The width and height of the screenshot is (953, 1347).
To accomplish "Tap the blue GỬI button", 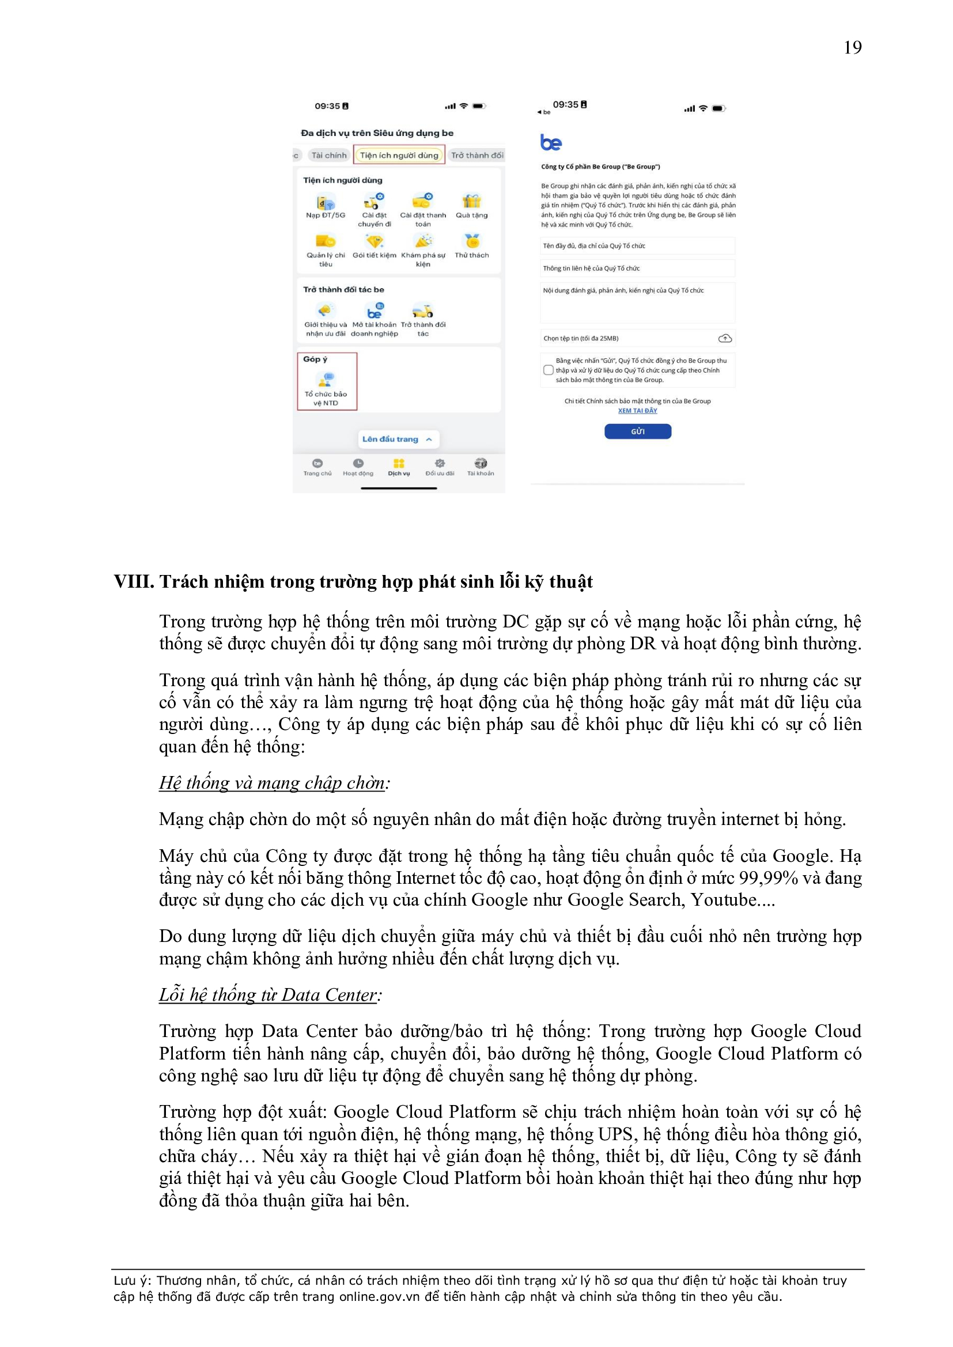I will pyautogui.click(x=637, y=431).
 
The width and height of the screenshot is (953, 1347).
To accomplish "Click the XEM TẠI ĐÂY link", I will pyautogui.click(x=637, y=411).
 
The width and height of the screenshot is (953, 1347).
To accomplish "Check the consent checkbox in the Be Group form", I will pyautogui.click(x=548, y=370).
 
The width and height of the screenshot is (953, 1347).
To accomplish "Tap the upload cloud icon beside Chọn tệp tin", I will pyautogui.click(x=725, y=339).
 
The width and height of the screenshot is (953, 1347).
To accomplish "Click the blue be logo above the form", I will pyautogui.click(x=550, y=142).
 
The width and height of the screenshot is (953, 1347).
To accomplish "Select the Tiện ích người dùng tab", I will pyautogui.click(x=399, y=156).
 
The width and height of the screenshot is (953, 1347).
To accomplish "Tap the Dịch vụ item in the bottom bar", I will pyautogui.click(x=399, y=467).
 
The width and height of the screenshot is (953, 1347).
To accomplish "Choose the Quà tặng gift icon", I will pyautogui.click(x=471, y=202).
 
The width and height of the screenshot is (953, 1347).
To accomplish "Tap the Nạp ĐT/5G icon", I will pyautogui.click(x=326, y=203).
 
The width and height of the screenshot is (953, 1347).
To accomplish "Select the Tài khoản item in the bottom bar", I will pyautogui.click(x=480, y=467).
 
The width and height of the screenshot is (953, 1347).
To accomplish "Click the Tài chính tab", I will pyautogui.click(x=328, y=156).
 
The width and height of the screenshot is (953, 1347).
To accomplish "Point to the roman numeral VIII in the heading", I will pyautogui.click(x=134, y=581).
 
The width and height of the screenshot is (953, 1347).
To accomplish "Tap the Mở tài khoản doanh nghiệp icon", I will pyautogui.click(x=375, y=311).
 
